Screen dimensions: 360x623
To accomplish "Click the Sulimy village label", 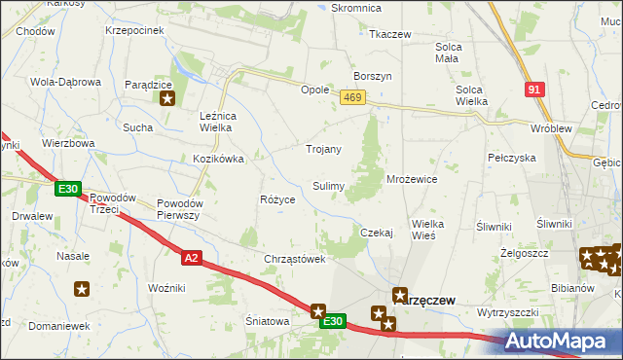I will coord(328,185).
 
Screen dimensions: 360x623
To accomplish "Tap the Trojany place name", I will coord(324,149).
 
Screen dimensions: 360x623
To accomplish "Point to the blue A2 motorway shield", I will coord(192,256).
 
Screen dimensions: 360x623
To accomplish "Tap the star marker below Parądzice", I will coord(166,97).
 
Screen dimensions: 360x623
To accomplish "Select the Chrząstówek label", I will coord(294,259).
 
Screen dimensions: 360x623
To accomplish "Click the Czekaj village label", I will coord(376,233).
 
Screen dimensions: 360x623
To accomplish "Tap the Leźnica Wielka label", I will coord(226,122).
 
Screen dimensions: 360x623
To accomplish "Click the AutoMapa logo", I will coord(564,342).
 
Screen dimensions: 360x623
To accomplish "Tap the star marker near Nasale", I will coord(82,288).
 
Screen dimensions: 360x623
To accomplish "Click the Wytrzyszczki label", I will coord(507,312).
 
